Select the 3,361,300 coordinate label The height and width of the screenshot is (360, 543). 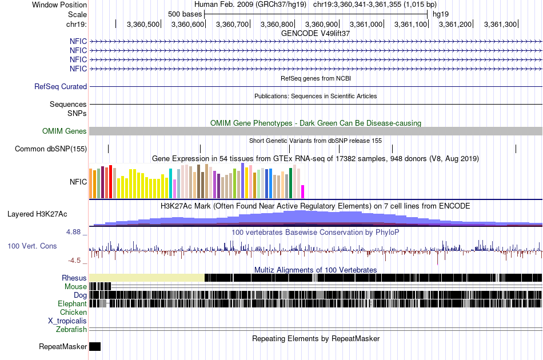point(500,25)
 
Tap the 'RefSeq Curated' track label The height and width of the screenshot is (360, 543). point(61,87)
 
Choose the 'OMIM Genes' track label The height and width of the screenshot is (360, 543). point(65,131)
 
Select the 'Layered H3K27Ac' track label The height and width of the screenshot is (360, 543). point(37,214)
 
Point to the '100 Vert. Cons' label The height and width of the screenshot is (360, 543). point(32,246)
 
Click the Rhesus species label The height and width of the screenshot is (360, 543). point(74,278)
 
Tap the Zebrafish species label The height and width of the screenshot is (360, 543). point(71,330)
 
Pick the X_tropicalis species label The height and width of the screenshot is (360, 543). point(67,321)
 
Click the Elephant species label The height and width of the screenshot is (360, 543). point(72,304)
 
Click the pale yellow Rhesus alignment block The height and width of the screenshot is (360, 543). point(147,278)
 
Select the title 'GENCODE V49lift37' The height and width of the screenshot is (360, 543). point(316,33)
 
